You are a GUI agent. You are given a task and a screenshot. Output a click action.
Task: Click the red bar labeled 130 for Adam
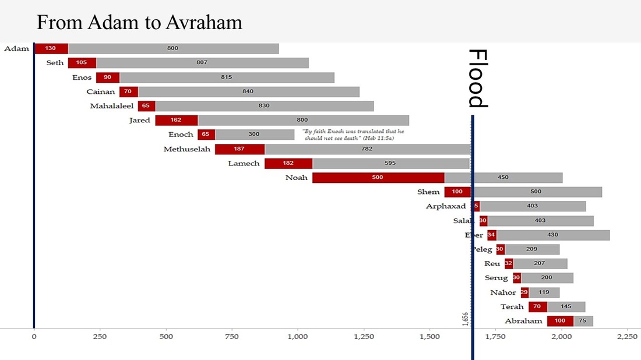51,48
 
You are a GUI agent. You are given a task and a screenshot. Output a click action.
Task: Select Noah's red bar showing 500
378,178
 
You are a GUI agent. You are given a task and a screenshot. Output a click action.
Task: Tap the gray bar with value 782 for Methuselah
367,149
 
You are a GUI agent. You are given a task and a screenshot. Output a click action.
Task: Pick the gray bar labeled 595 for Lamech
390,164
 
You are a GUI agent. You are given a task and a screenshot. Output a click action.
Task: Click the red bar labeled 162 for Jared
176,121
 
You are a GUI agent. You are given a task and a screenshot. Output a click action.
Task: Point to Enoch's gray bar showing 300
255,135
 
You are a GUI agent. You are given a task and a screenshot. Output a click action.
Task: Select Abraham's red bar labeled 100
560,321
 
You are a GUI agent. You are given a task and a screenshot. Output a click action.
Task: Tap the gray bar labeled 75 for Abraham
583,321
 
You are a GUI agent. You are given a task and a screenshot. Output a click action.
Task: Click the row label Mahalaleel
112,107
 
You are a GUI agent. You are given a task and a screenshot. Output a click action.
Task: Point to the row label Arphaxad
446,206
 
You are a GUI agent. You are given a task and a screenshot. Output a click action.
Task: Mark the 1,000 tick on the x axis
298,337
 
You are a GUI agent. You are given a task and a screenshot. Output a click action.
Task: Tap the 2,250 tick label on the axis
627,337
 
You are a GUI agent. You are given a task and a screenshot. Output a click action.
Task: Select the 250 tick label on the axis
100,337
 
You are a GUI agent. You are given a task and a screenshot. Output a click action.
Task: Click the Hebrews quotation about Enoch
353,135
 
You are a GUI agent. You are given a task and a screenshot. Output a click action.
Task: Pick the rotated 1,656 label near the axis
465,319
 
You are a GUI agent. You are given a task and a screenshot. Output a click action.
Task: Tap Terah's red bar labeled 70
537,307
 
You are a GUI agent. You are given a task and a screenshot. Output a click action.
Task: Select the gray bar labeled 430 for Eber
552,235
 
